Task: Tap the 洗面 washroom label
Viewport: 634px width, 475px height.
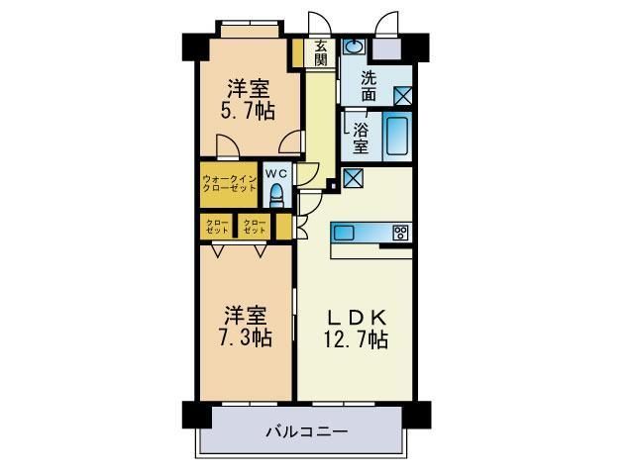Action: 369,86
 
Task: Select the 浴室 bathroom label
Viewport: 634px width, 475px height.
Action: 362,137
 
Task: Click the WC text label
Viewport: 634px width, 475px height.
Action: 276,170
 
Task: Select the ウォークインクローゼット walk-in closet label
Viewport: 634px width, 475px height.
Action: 229,183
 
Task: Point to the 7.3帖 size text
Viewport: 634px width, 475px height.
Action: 247,338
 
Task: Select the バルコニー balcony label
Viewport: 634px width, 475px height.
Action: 305,431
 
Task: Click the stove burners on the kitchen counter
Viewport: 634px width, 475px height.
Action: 400,233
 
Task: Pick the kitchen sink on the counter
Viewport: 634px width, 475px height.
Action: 344,233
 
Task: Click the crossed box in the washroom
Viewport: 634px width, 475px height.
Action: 403,96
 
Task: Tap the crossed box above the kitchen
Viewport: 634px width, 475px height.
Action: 353,179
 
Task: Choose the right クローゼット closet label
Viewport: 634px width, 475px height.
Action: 255,227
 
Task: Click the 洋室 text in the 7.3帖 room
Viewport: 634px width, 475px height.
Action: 246,317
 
